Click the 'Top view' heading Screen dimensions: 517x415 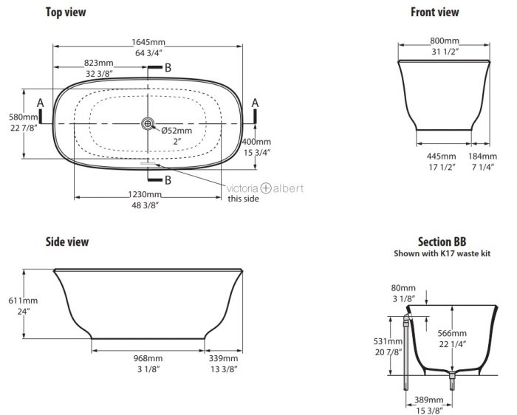pos(66,13)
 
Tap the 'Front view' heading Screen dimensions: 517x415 pos(434,13)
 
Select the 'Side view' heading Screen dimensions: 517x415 pos(67,241)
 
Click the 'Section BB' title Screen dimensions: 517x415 pos(442,241)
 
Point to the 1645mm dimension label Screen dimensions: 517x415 pos(148,42)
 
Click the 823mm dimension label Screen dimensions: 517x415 pos(98,63)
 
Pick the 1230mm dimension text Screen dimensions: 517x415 pos(145,194)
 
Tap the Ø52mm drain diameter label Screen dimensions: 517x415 pos(177,131)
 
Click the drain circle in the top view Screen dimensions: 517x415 pos(148,123)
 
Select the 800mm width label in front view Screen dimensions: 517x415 pos(445,41)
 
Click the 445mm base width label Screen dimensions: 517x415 pos(442,156)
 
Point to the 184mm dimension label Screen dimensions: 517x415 pos(482,156)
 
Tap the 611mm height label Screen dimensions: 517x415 pos(23,301)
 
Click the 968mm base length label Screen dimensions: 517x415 pos(148,358)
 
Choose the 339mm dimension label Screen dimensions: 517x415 pos(223,358)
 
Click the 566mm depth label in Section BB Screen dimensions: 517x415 pos(452,333)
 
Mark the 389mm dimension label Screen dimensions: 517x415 pos(428,399)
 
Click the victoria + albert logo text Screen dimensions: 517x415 pos(265,188)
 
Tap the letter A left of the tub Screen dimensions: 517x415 pos(40,103)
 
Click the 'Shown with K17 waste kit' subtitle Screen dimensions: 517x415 pos(442,253)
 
